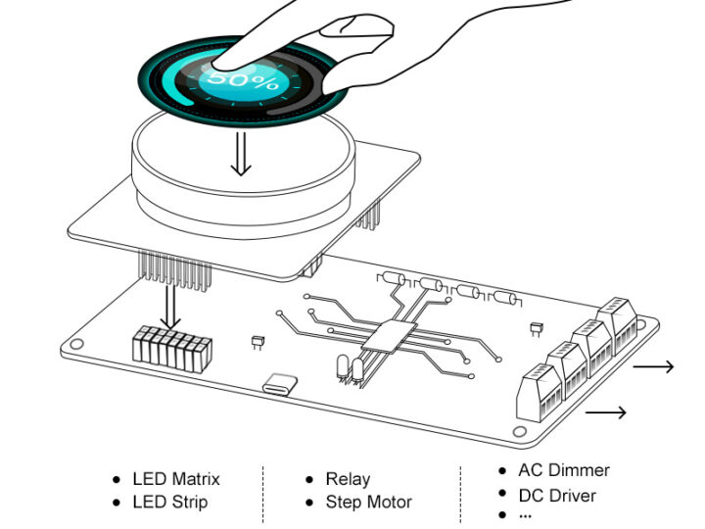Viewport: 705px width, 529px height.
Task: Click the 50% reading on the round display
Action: tap(243, 79)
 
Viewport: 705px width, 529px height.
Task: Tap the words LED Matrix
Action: tap(176, 479)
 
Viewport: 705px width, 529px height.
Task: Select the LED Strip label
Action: tap(170, 503)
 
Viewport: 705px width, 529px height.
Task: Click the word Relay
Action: tap(349, 479)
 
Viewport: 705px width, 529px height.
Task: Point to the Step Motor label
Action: tap(369, 503)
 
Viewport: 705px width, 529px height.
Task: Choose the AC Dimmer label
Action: tap(563, 471)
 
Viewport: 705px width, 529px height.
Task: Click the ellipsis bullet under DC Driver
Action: tap(525, 515)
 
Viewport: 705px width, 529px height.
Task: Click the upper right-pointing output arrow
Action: tap(653, 367)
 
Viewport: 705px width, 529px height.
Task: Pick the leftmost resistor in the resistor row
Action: tap(392, 279)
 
